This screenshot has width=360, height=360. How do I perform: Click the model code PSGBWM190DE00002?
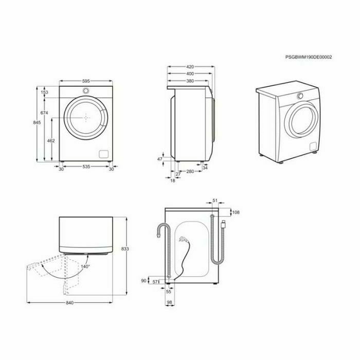pos(309,57)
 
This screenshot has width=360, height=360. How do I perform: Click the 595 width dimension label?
pos(86,81)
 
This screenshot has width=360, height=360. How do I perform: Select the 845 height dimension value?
pos(37,122)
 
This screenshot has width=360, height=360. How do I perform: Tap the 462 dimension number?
pos(51,140)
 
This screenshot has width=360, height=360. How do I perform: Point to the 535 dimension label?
pos(86,167)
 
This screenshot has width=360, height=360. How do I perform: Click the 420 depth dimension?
pos(190,67)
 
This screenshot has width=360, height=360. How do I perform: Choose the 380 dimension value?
pos(190,81)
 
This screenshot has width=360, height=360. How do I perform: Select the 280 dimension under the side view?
pos(190,171)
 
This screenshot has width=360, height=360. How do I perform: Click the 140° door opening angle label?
pos(85,266)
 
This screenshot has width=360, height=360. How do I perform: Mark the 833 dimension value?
pos(125,248)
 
